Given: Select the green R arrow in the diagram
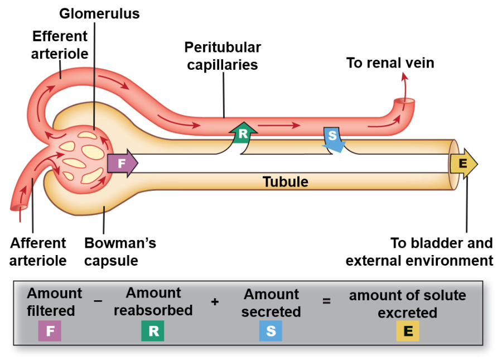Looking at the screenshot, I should click(243, 134).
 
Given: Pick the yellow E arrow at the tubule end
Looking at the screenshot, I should click(464, 164).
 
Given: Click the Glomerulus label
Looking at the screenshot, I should click(99, 13).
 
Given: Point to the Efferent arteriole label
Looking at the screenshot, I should click(60, 45).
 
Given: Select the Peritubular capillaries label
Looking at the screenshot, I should click(223, 56).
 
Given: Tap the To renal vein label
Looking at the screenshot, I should click(390, 63).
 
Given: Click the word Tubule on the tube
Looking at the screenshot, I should click(285, 181).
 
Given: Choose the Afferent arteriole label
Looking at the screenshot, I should click(38, 252).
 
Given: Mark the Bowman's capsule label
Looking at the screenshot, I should click(120, 252).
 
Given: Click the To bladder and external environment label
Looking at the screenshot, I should click(419, 252).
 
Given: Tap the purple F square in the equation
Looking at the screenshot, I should click(50, 331).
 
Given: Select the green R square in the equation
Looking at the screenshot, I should click(153, 331).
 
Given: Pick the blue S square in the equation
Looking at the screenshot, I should click(271, 331).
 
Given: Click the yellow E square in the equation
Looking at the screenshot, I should click(408, 331).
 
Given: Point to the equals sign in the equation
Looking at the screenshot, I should click(326, 301).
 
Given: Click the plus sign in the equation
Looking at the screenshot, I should click(215, 301).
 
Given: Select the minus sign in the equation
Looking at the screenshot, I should click(98, 301).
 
